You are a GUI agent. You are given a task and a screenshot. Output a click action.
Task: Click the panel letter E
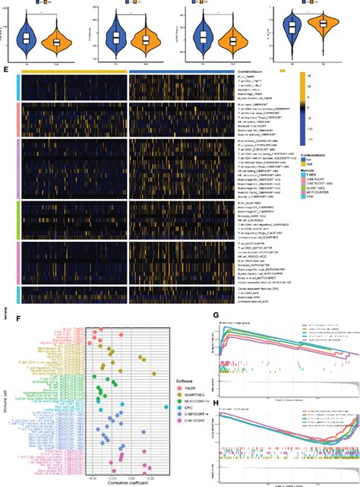tap(6, 70)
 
